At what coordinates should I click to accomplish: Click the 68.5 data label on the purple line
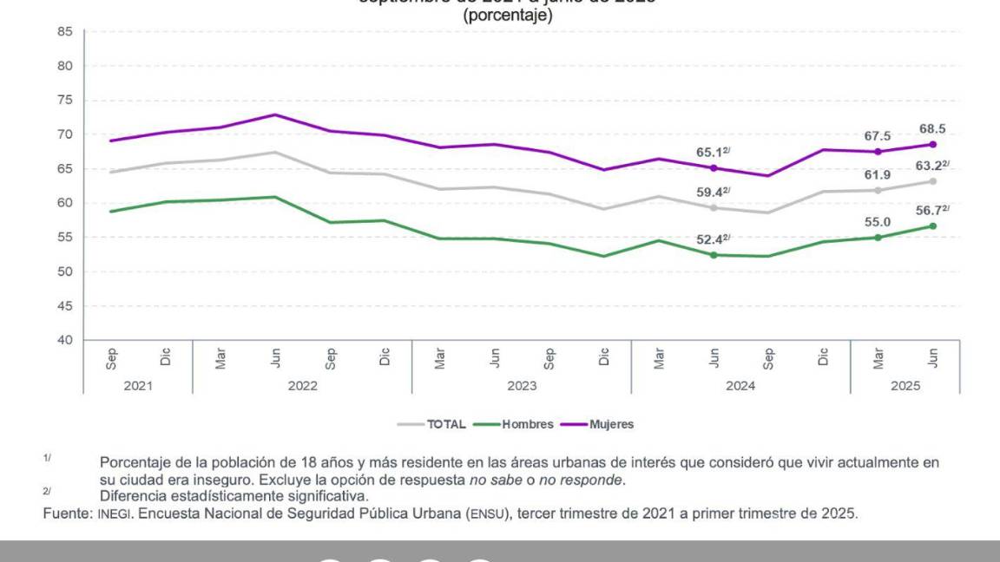pos(932,129)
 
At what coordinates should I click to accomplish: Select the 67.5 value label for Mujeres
pos(878,135)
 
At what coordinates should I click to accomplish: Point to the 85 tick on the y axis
pos(64,31)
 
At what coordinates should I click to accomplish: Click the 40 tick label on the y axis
pos(64,340)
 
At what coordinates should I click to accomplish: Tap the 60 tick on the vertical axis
pos(64,203)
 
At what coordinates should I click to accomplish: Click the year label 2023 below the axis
pos(522,386)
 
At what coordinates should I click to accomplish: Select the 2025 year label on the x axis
pos(905,386)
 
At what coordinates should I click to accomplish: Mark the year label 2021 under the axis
pos(137,386)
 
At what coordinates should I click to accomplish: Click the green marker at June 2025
pos(933,225)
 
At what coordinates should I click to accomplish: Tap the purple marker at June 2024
pos(714,168)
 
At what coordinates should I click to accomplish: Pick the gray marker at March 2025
pos(878,190)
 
